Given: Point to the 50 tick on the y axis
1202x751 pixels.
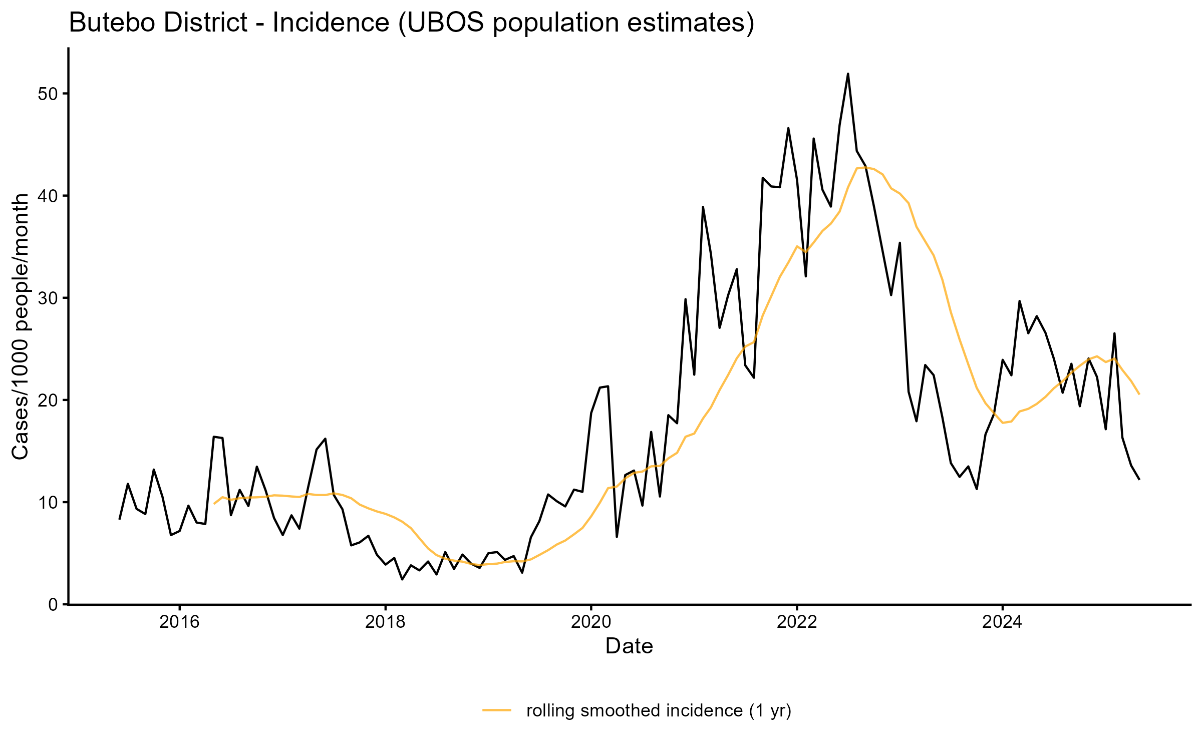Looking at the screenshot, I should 48,94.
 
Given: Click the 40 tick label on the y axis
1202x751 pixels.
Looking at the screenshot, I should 48,196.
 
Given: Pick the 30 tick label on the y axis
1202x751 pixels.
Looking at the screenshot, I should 48,298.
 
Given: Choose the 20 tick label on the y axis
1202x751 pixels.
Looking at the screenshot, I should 48,401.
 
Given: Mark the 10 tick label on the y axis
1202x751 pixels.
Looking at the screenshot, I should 48,503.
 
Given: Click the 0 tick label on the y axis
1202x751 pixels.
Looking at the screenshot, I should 53,605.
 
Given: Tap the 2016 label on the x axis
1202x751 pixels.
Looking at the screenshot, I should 179,622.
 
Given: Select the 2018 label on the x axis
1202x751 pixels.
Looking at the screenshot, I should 385,622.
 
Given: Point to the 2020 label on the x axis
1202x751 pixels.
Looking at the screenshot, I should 591,622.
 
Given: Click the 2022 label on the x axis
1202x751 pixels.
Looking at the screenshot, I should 797,622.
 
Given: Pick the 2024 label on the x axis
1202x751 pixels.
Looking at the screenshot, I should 1002,622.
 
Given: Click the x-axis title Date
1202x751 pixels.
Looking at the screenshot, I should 629,646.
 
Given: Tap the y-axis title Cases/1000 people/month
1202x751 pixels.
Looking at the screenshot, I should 21,326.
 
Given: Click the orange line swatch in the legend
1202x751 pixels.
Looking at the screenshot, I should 497,710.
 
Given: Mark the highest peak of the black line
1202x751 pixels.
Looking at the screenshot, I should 848,74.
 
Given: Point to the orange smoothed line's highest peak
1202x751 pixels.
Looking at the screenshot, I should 865,168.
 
